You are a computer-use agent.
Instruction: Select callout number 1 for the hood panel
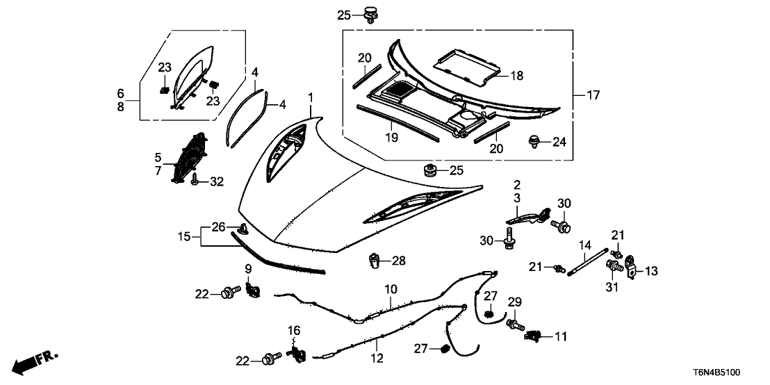tap(311, 97)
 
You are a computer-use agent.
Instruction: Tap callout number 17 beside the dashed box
tap(593, 95)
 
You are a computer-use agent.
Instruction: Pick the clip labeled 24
tap(536, 142)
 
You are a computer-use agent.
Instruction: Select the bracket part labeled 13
tap(632, 267)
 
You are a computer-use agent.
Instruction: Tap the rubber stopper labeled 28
tap(376, 262)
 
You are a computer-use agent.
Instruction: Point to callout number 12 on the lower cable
tap(377, 341)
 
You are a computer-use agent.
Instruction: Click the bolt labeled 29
tap(514, 323)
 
